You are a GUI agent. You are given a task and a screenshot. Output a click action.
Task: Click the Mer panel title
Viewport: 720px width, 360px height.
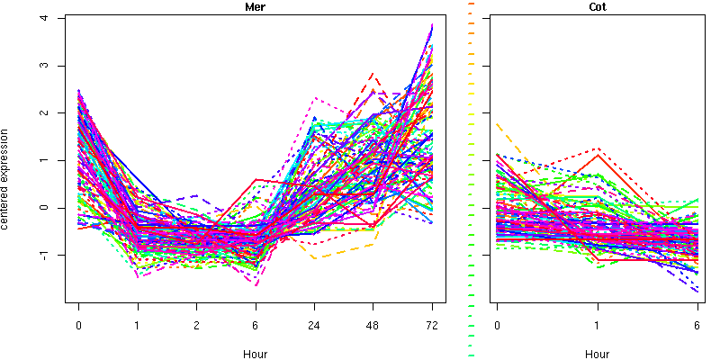click(x=255, y=7)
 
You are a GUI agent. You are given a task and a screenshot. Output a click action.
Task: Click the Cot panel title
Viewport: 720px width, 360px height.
click(x=597, y=7)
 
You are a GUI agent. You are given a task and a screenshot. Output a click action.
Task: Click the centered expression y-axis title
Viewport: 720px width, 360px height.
click(x=7, y=177)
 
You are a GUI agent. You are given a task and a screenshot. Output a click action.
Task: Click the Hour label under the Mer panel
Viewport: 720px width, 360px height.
click(x=255, y=354)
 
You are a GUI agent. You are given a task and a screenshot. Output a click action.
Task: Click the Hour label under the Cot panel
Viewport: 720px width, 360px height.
click(x=597, y=354)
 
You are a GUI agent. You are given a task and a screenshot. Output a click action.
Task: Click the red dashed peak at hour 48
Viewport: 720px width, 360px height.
click(x=373, y=74)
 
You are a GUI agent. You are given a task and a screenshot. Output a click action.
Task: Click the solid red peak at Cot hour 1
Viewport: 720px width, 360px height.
click(x=597, y=155)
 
